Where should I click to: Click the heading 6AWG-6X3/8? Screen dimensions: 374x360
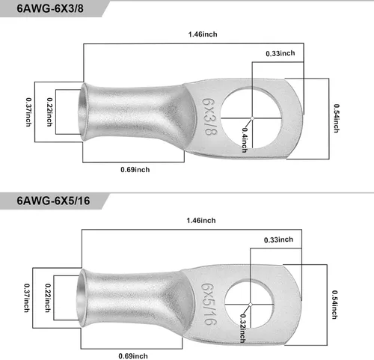click(50, 8)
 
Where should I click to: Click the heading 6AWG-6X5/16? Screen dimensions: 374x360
click(53, 201)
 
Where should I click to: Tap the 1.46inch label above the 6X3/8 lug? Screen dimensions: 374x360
click(203, 34)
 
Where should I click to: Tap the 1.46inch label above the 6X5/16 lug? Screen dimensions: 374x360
click(201, 221)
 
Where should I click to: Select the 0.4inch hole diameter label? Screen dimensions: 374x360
click(245, 140)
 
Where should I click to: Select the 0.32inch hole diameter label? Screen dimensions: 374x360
click(242, 328)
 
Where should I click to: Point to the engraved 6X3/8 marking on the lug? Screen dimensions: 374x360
click(209, 117)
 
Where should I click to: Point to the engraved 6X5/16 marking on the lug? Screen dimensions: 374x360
click(209, 304)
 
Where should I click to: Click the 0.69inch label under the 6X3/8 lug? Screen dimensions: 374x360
click(135, 170)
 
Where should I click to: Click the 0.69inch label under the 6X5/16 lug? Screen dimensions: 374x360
click(133, 356)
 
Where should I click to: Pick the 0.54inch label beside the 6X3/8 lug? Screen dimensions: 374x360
click(337, 118)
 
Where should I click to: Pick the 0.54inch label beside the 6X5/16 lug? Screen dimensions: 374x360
click(334, 305)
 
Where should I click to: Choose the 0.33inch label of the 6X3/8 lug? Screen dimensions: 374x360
click(280, 53)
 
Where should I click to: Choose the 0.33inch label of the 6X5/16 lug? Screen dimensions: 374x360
click(278, 240)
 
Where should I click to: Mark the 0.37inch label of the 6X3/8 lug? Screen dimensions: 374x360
click(28, 112)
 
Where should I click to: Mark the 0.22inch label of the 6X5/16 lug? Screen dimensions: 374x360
click(48, 298)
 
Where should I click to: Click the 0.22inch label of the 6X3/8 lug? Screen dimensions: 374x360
click(49, 112)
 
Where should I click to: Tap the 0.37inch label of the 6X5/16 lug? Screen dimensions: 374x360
click(27, 298)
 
